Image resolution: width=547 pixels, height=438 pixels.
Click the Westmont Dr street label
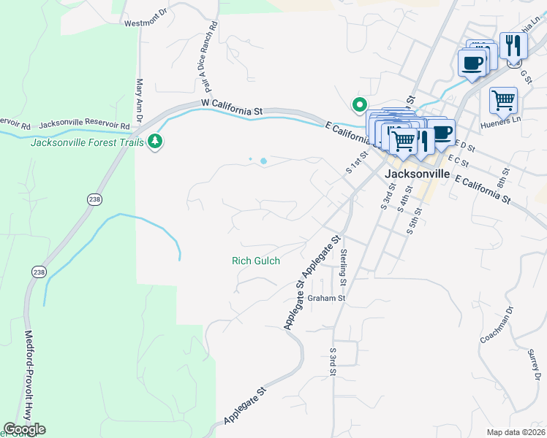point(146,23)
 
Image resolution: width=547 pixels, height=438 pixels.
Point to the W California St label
point(232,108)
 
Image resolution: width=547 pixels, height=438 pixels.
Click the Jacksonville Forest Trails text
point(87,142)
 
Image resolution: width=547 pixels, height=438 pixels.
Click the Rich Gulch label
point(256,261)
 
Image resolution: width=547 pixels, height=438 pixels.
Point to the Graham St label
point(325,298)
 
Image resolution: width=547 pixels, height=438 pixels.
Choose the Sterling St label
point(344,267)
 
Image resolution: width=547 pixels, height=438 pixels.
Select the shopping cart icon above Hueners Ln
point(503,101)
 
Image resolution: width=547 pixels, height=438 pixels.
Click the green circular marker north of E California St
point(359,105)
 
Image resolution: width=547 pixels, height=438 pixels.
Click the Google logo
point(25,429)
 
